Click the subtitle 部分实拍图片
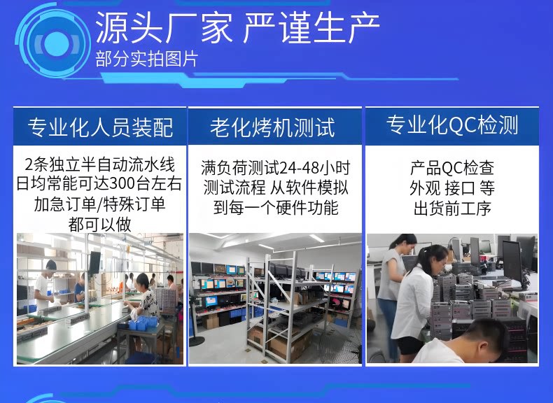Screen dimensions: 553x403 click(146, 59)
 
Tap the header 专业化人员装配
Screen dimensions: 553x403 click(100, 127)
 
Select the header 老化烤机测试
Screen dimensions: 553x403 click(272, 127)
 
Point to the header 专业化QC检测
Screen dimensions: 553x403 click(451, 125)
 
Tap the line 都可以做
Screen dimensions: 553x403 click(100, 225)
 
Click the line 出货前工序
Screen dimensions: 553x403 click(452, 208)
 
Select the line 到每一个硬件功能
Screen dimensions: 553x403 click(275, 208)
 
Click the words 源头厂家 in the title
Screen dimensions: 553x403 click(164, 28)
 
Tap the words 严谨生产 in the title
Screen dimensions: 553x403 click(311, 28)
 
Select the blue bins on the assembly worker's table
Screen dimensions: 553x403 click(143, 323)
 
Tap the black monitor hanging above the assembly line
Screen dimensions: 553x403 click(94, 262)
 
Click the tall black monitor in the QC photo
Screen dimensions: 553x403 click(512, 261)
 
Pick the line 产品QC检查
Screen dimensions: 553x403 click(451, 168)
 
